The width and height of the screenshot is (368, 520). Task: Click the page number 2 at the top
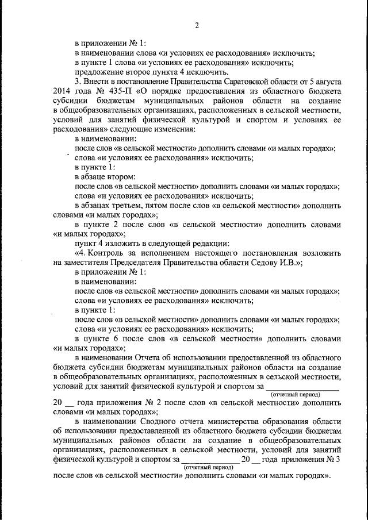click(x=197, y=25)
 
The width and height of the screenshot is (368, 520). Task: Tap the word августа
click(x=326, y=82)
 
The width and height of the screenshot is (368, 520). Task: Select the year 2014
click(x=63, y=91)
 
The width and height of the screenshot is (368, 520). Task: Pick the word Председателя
click(x=119, y=261)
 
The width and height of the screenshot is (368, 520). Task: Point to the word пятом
click(x=158, y=205)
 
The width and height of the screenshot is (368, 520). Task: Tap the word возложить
click(x=320, y=252)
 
